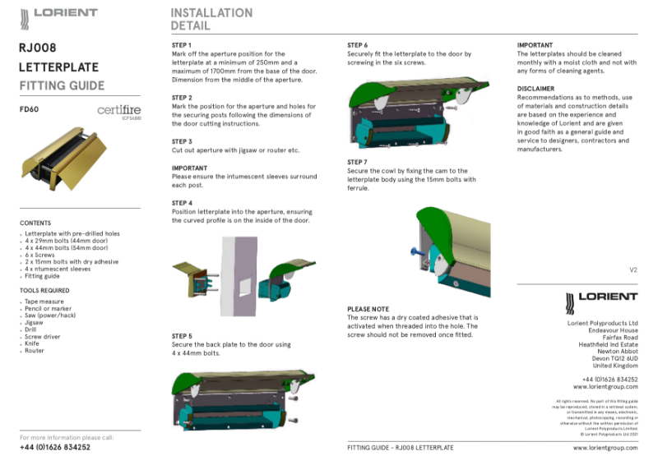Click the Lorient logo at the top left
(x=58, y=14)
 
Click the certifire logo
(x=120, y=110)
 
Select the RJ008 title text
(x=37, y=48)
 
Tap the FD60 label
(x=29, y=108)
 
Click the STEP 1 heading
(x=182, y=44)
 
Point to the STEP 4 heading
(x=182, y=202)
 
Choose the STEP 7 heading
(x=357, y=162)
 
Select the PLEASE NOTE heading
(x=368, y=309)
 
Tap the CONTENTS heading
(x=35, y=223)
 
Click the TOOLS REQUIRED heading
(x=44, y=290)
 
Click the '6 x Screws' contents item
(x=39, y=255)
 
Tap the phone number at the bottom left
(x=54, y=448)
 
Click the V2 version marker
(x=633, y=269)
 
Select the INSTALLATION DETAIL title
(x=211, y=19)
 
